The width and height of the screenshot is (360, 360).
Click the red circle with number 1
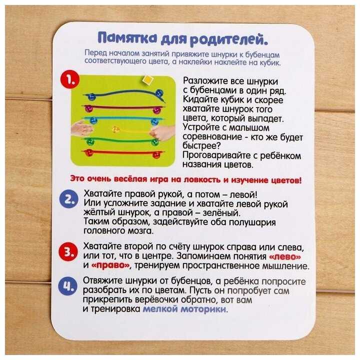point(70,79)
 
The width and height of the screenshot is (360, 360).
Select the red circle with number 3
point(68,251)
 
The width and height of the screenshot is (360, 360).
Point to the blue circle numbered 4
point(67,286)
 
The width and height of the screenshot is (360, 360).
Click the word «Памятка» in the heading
point(127,38)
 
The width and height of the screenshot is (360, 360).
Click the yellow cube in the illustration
point(147,80)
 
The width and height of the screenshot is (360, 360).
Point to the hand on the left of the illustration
point(81,127)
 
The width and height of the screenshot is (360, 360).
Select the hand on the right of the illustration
point(162,132)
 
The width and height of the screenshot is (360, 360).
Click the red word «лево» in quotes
point(284,256)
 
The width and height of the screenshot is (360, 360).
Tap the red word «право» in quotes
point(110,266)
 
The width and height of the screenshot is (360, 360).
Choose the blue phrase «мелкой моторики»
point(184,309)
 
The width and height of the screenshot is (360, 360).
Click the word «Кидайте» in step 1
point(199,100)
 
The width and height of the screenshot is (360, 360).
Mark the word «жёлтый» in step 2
point(99,212)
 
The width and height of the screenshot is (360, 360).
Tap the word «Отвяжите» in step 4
point(103,281)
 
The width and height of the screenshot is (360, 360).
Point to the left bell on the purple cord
point(88,108)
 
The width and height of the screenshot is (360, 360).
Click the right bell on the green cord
point(155,142)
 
